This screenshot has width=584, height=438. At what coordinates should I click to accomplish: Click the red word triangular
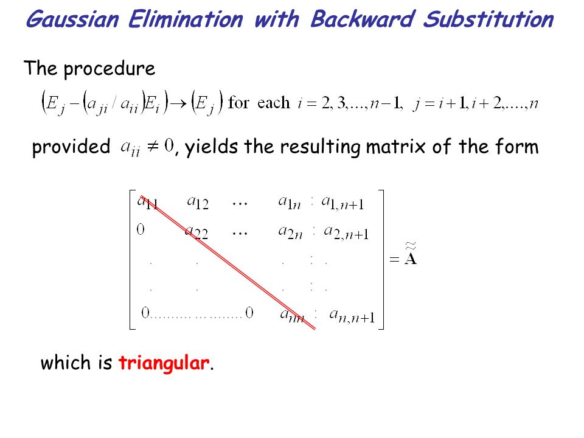[164, 364]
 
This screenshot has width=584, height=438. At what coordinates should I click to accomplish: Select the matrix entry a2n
[291, 231]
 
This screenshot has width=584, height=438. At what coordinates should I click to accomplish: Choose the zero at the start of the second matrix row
[141, 231]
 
